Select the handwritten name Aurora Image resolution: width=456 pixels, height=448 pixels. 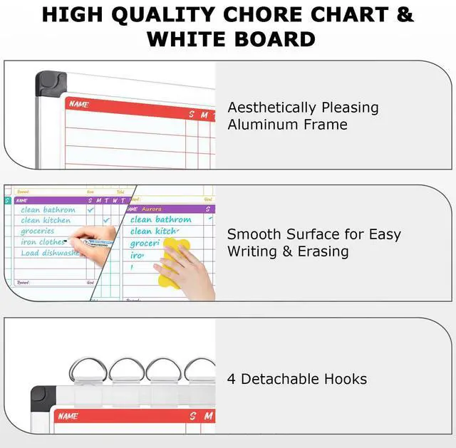[152, 209]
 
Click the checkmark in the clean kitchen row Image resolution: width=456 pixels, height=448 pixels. [107, 221]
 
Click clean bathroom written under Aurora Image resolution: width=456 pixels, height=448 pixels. [161, 220]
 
